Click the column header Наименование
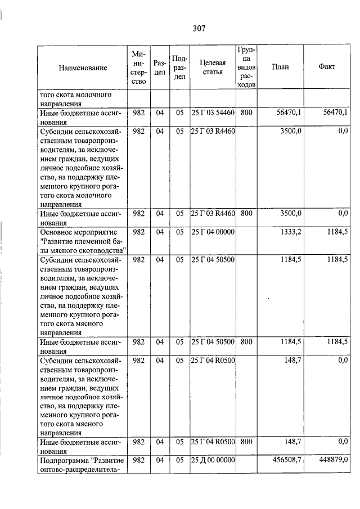point(82,67)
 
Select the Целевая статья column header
point(212,67)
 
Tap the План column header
point(280,67)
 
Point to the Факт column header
point(327,67)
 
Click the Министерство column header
point(139,67)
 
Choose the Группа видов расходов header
point(246,67)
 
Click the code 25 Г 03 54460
point(212,113)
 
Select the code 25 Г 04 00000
point(212,232)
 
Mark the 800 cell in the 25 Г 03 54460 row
point(246,113)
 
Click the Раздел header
point(160,67)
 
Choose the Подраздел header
point(179,67)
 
